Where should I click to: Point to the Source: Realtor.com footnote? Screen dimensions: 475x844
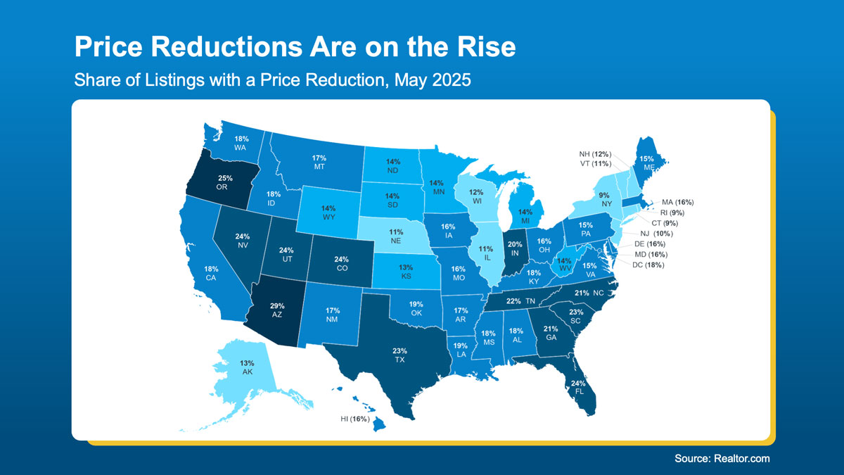point(722,458)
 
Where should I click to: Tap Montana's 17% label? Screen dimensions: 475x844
point(319,163)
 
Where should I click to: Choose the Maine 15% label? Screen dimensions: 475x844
point(646,163)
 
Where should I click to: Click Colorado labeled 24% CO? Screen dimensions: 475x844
point(342,264)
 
